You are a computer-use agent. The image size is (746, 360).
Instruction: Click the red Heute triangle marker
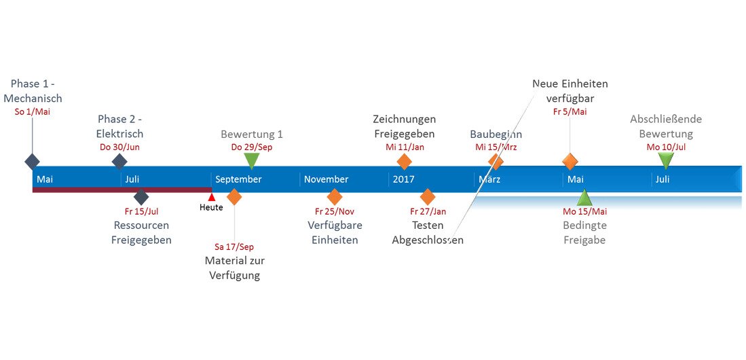[x=211, y=197]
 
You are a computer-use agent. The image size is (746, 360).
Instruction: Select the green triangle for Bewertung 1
[x=251, y=160]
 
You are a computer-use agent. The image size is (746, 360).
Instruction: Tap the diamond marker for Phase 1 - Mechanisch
[x=32, y=162]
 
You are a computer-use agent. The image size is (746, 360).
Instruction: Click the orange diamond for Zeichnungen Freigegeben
[x=404, y=162]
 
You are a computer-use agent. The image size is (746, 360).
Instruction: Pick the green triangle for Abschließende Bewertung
[x=666, y=160]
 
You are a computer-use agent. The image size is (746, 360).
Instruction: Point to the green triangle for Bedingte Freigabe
[x=584, y=198]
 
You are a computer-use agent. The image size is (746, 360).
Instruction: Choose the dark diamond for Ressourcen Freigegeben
[x=141, y=197]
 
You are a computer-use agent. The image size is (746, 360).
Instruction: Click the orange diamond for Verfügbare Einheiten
[x=334, y=197]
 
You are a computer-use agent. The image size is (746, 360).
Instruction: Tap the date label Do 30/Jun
[x=119, y=147]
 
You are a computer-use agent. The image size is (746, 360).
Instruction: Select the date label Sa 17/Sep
[x=234, y=247]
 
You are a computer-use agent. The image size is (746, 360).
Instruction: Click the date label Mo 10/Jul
[x=666, y=147]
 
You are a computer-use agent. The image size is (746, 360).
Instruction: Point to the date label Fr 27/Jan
[x=428, y=211]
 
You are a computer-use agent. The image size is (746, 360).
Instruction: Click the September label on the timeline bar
[x=238, y=179]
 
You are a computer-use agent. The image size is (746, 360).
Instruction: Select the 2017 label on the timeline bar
[x=403, y=179]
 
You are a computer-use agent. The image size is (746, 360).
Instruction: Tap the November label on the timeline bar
[x=326, y=179]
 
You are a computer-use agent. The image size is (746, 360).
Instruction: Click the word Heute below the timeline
[x=211, y=207]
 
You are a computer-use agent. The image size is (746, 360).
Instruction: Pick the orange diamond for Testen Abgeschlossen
[x=427, y=197]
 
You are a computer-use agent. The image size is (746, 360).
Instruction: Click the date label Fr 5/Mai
[x=570, y=111]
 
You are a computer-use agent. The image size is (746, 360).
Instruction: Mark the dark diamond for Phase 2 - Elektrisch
[x=119, y=162]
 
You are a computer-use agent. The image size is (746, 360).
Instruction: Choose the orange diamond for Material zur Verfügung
[x=234, y=197]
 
